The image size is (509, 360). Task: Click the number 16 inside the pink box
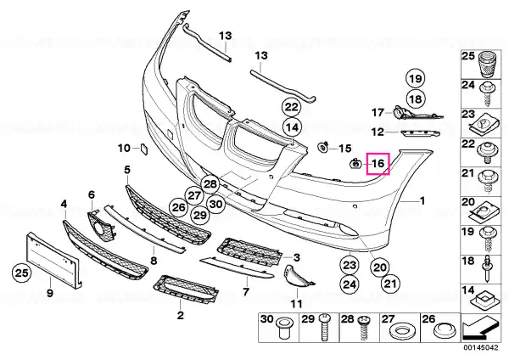pos(378,163)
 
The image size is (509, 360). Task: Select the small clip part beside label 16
pos(355,163)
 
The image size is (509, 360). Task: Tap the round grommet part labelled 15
pos(323,147)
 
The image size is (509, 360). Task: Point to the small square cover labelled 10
pos(144,149)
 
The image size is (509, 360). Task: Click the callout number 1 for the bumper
pos(422,201)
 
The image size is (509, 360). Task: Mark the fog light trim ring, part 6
pos(102,225)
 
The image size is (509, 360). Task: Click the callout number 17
pos(378,112)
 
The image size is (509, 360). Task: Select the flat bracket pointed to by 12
pos(420,134)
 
